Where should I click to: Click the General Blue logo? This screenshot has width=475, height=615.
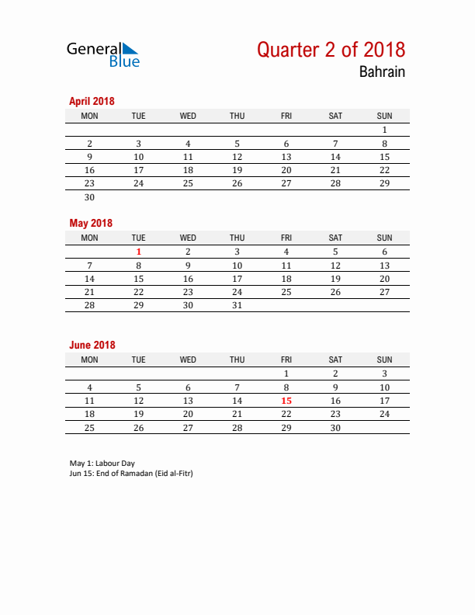tap(103, 54)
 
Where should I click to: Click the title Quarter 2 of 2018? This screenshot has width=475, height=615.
tap(331, 50)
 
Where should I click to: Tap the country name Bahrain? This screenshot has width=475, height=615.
tap(382, 72)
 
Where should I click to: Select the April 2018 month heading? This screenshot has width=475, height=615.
tap(92, 101)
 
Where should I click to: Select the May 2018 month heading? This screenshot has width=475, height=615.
tap(91, 223)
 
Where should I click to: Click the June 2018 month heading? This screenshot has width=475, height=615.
tap(92, 345)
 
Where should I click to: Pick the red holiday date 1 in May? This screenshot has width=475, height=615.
tap(139, 252)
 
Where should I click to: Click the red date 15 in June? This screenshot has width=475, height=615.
tap(286, 401)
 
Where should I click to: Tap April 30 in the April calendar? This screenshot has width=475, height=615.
tap(89, 197)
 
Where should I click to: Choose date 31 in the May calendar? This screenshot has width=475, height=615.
tap(237, 305)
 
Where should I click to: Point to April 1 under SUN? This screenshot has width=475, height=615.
tap(384, 130)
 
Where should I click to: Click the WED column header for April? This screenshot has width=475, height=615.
tap(188, 116)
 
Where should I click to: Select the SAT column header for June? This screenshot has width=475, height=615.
tap(335, 360)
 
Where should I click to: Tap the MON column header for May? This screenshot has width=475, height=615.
tap(89, 238)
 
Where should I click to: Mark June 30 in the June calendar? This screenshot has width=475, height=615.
tap(335, 428)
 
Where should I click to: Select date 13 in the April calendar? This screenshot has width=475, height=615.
tap(286, 170)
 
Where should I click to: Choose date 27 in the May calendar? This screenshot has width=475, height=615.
tap(384, 292)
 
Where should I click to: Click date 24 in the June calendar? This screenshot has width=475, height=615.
tap(384, 414)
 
